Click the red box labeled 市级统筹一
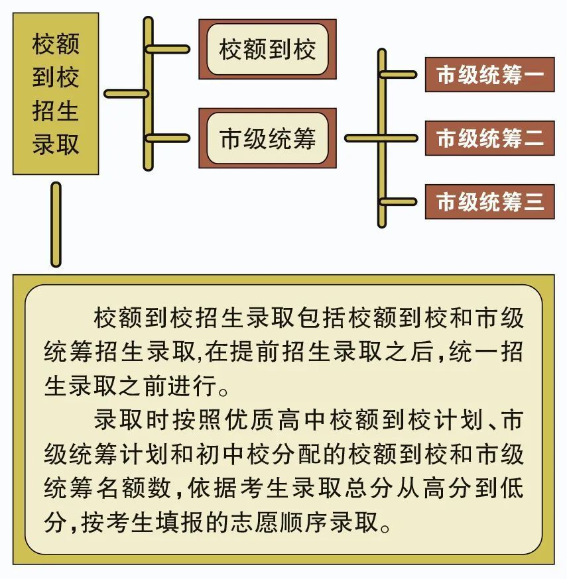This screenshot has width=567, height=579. (x=490, y=75)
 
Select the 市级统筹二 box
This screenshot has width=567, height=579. (x=490, y=138)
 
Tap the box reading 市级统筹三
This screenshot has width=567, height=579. (x=490, y=201)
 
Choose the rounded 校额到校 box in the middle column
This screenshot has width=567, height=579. (x=268, y=49)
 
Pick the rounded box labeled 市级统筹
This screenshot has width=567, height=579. (x=268, y=138)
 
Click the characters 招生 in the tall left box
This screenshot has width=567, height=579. (x=56, y=111)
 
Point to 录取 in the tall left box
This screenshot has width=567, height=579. (x=56, y=144)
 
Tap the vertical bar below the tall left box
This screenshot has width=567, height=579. (x=56, y=224)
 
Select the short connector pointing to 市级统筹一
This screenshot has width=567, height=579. (x=399, y=75)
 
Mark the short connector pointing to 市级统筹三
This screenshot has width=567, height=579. (x=399, y=201)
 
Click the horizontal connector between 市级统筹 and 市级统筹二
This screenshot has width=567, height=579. (x=381, y=138)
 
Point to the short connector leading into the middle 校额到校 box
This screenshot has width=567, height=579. (x=168, y=49)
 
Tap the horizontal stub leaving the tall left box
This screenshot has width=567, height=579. (x=127, y=94)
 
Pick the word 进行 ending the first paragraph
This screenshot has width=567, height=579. (x=192, y=386)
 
